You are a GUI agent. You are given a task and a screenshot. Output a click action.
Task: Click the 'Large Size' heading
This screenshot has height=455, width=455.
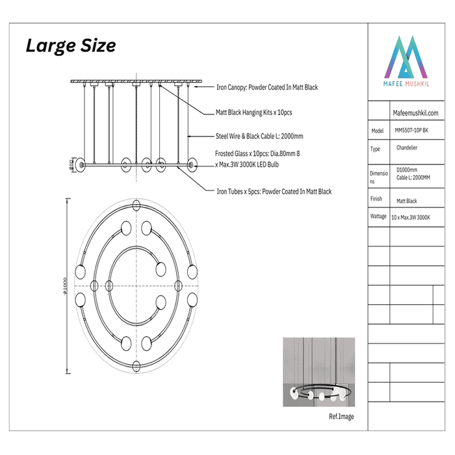[x=71, y=46]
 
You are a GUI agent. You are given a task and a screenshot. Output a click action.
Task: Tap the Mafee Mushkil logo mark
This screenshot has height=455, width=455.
[x=406, y=57]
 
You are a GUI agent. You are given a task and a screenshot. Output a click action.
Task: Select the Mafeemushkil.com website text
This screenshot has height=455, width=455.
[x=415, y=113]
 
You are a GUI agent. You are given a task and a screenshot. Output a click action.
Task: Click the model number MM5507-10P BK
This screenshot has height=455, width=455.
[x=411, y=130]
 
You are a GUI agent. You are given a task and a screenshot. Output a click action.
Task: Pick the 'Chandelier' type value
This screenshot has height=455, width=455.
[x=407, y=148]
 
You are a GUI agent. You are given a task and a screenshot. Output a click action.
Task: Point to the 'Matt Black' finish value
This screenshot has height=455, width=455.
[x=406, y=201]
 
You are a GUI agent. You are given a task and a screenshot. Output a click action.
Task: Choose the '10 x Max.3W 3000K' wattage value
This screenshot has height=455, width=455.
[x=411, y=217]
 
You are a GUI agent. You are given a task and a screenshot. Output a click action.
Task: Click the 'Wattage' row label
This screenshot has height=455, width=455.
[x=378, y=216]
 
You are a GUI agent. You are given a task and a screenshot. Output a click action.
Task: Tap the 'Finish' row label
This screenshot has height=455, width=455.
[x=376, y=199]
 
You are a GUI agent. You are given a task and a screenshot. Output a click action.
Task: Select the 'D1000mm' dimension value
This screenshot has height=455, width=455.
[x=407, y=170]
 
